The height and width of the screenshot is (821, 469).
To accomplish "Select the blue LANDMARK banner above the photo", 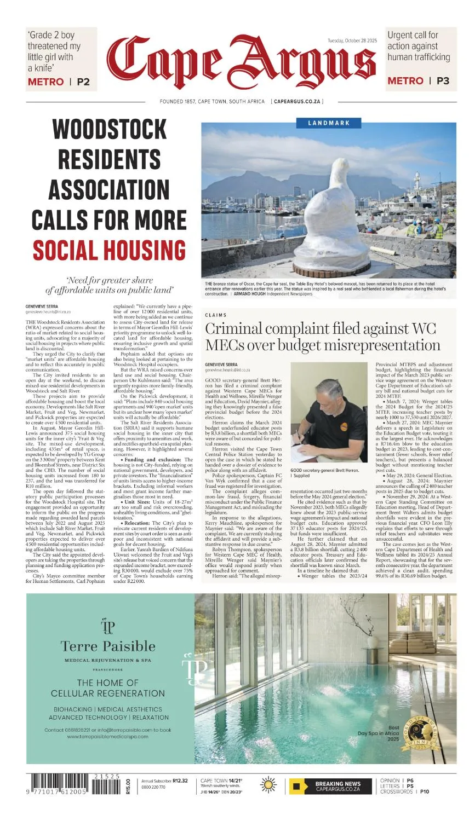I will click(x=329, y=123).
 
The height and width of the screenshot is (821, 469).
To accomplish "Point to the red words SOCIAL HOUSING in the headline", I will click(x=109, y=250).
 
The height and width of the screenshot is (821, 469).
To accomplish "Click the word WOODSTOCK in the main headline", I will click(x=109, y=130).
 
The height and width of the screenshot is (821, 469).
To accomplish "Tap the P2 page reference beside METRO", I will click(x=83, y=82).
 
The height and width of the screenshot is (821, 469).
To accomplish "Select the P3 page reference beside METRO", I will click(x=443, y=80).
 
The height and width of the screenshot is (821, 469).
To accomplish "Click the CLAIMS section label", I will click(x=216, y=315).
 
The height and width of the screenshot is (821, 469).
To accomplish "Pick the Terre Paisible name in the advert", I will click(x=108, y=646).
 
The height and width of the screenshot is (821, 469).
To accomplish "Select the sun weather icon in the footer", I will click(x=268, y=785).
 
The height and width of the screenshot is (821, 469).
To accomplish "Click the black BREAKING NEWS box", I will click(x=331, y=787).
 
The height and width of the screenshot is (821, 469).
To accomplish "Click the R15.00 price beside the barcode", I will click(x=128, y=787).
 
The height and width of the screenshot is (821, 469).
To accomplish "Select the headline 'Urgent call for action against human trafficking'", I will click(x=419, y=46).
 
